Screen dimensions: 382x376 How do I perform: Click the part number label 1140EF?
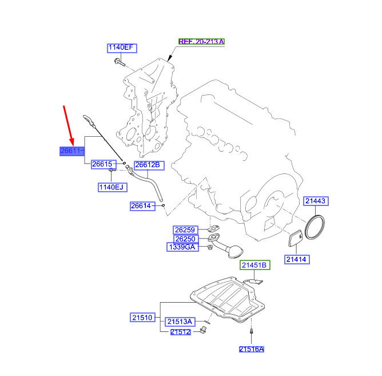coord(122,48)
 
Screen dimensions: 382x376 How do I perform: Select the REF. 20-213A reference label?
coord(201,41)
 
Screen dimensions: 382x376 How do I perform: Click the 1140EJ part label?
coord(113,187)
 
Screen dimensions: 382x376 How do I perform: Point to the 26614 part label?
coord(142,206)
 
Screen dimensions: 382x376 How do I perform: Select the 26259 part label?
coord(185,230)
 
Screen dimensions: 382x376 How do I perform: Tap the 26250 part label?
coord(186,239)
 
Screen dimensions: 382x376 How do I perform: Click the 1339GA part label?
coord(182,247)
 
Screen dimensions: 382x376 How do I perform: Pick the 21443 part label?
coord(316,201)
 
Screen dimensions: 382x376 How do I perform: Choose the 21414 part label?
coord(297,259)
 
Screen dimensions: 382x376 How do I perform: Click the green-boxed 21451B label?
coord(255,265)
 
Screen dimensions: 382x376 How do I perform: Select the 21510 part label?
coord(142,317)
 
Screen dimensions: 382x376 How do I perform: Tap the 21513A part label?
coord(180,322)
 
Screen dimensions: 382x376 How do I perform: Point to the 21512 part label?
coord(181,332)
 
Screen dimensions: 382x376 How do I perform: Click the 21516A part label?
coord(252,349)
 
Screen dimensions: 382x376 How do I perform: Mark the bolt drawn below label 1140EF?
coord(120,62)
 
